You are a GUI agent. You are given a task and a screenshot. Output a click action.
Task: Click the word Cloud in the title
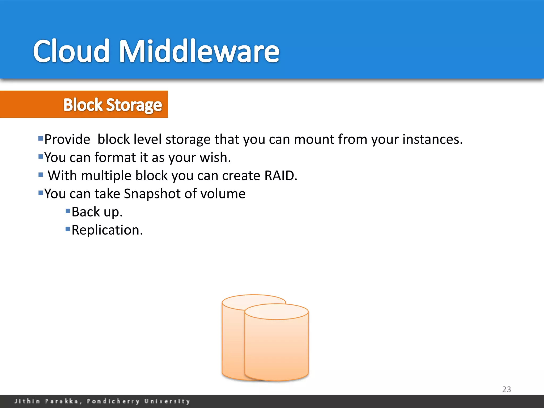[x=71, y=51]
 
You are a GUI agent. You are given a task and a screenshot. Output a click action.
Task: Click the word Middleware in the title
[x=199, y=51]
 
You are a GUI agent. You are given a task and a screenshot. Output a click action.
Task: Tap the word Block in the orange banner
[x=83, y=105]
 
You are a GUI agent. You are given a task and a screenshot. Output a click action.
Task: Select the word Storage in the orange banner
[x=134, y=105]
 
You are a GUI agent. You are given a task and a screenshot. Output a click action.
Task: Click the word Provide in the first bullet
[x=67, y=139]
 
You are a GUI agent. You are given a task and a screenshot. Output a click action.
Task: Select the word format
[x=115, y=157]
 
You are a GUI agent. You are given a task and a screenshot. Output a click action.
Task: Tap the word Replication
[x=107, y=230]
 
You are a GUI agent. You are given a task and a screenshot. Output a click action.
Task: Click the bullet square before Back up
[x=68, y=211]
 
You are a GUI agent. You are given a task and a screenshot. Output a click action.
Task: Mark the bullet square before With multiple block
[x=41, y=175]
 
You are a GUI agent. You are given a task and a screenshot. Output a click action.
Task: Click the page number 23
[x=506, y=389]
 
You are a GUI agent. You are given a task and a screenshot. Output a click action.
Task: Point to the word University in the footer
[x=167, y=401]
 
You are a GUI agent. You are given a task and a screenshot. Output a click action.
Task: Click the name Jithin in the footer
[x=27, y=401]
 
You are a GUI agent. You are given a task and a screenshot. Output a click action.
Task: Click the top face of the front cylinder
[x=276, y=312]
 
